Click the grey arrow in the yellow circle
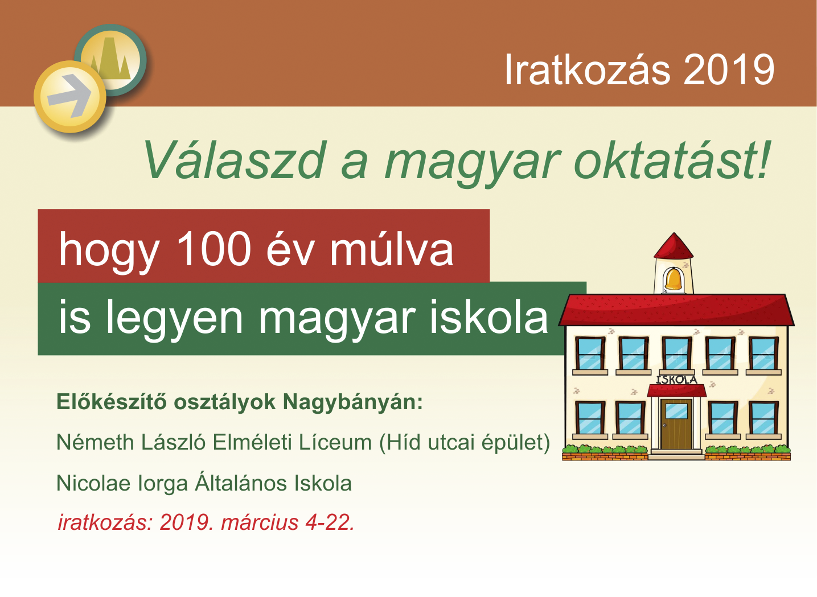click(70, 96)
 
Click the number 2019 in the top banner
click(729, 69)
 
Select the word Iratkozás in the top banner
click(587, 69)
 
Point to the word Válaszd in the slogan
click(234, 160)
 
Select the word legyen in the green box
click(174, 318)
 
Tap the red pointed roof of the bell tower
click(674, 246)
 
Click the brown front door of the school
click(676, 424)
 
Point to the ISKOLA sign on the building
click(677, 380)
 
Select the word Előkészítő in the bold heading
click(112, 402)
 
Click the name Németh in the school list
click(96, 443)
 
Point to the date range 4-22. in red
click(330, 523)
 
